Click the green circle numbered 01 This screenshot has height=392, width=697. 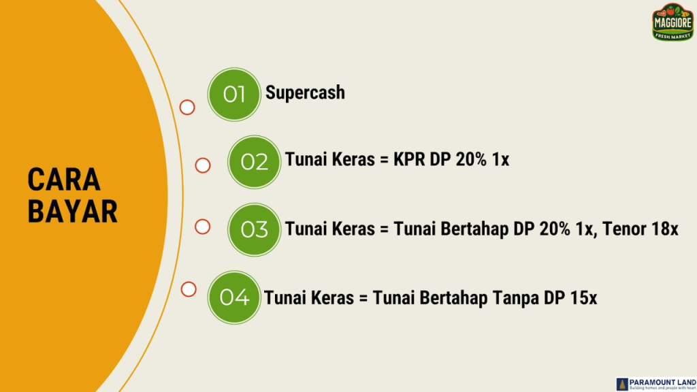(x=234, y=94)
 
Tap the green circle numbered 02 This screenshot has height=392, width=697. (x=254, y=162)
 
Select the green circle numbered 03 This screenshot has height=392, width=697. (x=254, y=229)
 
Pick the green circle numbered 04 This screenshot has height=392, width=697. (x=234, y=297)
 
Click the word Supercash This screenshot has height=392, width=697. (x=305, y=93)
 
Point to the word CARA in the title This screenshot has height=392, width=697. (x=64, y=180)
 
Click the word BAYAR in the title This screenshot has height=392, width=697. (x=73, y=212)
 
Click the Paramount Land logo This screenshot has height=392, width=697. (x=655, y=384)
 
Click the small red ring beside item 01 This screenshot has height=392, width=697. (x=187, y=108)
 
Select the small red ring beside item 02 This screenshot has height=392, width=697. (x=203, y=165)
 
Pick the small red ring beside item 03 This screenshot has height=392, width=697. (x=203, y=227)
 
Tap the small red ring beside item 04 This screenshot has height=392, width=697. (x=189, y=289)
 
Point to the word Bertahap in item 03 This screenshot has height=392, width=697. (x=473, y=229)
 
